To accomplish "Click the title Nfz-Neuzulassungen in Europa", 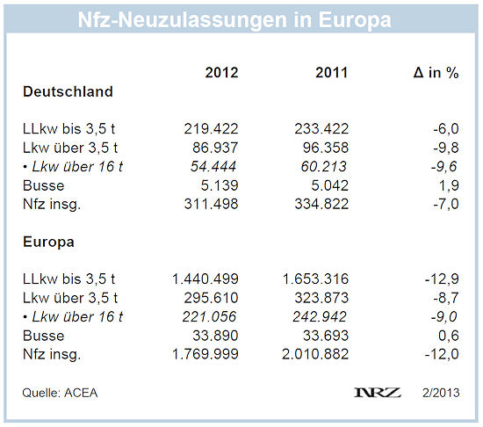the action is pos(234,20).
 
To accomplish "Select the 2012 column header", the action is pos(222,73).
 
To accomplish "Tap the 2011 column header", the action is pos(332,73).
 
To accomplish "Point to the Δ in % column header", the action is pos(436,73).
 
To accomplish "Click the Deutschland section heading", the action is pos(68,91).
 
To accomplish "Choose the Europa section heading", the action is pos(48,242).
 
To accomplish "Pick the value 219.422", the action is pos(212,129).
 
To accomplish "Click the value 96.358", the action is pos(326,148).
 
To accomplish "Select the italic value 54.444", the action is pos(213,166).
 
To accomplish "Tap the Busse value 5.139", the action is pos(220,185).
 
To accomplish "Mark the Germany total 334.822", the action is pos(321,204).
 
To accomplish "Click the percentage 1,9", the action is pos(449,185).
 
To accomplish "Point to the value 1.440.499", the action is pos(205,279).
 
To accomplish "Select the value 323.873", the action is pos(321,298).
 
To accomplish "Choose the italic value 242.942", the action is pos(320,316).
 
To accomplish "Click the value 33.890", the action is pos(215,336).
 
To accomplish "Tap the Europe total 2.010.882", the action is pos(315,354).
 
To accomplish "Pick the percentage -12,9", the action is pos(442,279).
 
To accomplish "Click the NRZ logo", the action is pos(378,393).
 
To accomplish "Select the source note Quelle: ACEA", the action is pos(60,393).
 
